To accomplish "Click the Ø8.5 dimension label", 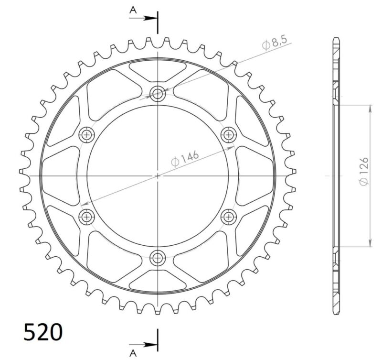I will click(x=274, y=44).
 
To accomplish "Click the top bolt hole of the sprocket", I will click(x=157, y=94).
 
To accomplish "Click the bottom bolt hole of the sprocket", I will click(x=157, y=258).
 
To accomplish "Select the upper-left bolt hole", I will click(x=86, y=135).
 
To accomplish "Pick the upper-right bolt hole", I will click(x=228, y=135).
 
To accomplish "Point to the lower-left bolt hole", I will click(x=86, y=217).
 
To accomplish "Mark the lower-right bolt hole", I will click(x=228, y=217).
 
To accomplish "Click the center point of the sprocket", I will click(x=157, y=176).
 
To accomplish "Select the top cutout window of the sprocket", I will click(x=157, y=70).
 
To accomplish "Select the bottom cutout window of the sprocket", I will click(x=157, y=281).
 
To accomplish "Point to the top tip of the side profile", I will click(x=337, y=38).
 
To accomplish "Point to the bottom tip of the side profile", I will click(x=337, y=313).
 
